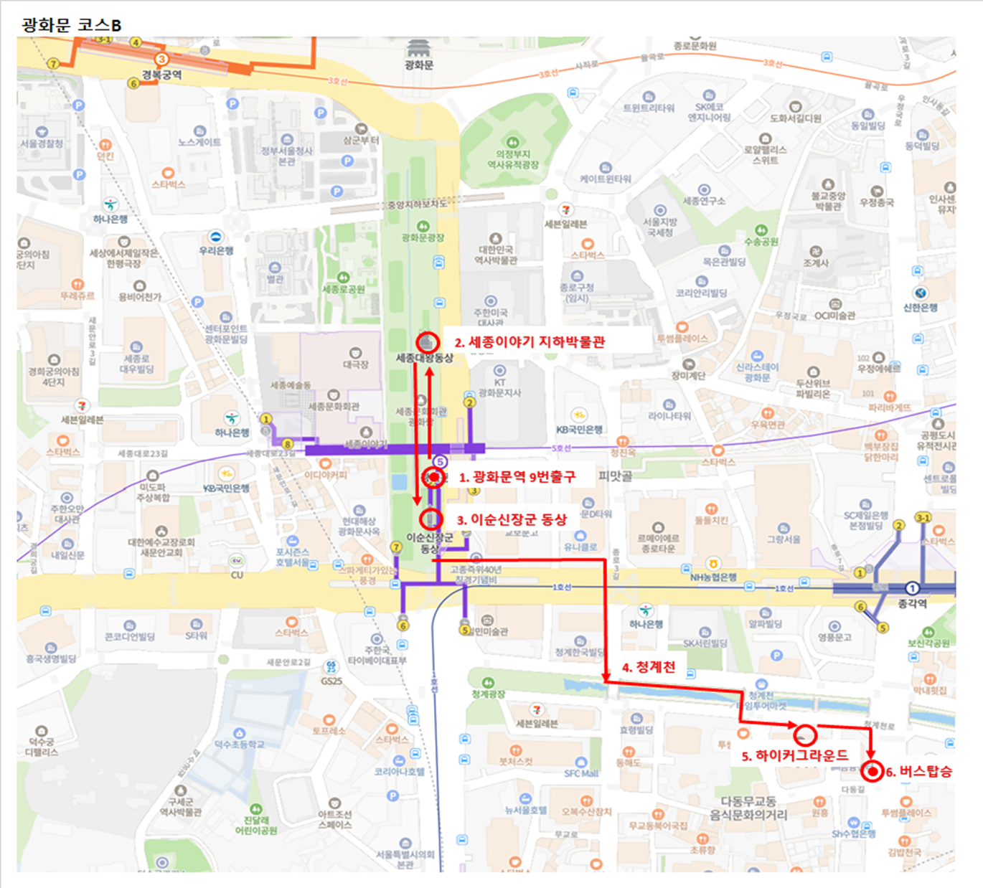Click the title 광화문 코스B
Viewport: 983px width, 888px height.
coord(72,25)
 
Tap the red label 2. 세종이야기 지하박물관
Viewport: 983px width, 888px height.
coord(530,342)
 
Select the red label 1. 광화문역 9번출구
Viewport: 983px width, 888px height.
coord(517,476)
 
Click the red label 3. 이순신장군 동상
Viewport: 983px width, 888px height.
coord(512,519)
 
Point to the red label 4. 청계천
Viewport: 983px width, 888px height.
coord(648,667)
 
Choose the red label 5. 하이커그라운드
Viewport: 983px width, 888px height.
coord(794,755)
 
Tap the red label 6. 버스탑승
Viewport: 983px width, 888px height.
coord(918,772)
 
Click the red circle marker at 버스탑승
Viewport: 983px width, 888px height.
coord(872,772)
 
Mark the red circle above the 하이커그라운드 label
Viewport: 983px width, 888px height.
coord(805,735)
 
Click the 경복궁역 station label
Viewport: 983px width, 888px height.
coord(161,75)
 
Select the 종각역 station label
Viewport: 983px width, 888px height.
coord(912,604)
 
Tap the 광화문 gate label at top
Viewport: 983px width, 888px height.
coord(419,65)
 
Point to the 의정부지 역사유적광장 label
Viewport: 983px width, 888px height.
coord(512,159)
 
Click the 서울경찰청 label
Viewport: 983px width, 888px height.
coord(42,143)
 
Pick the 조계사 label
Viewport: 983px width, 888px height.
coord(816,263)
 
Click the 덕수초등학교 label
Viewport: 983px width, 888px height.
coord(239,745)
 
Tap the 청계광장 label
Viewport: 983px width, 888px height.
coord(488,694)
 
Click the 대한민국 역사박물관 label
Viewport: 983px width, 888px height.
coord(495,255)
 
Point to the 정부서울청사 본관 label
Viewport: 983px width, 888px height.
coord(287,156)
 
